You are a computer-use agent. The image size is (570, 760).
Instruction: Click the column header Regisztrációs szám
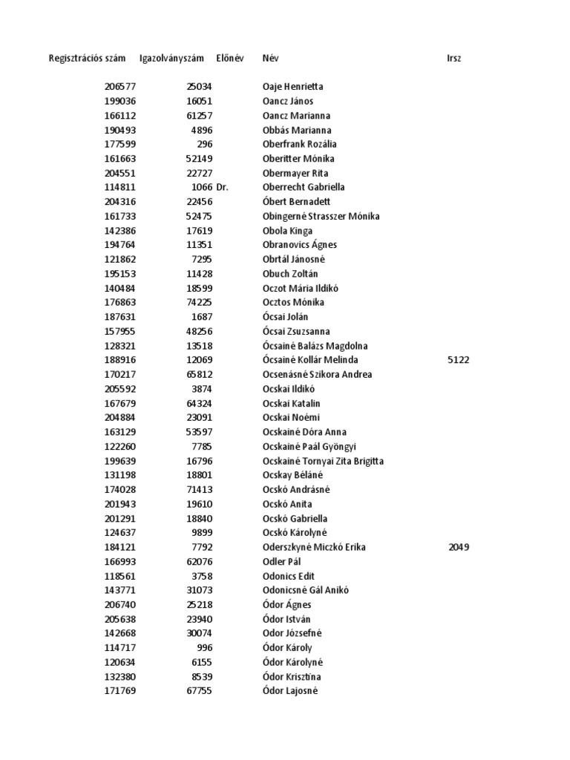coord(87,59)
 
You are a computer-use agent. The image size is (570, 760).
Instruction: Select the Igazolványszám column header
coord(171,59)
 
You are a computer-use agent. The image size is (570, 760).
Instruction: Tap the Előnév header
coord(229,59)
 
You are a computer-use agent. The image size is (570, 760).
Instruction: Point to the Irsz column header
coord(454,59)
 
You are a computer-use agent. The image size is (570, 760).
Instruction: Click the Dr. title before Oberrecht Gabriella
coord(223,188)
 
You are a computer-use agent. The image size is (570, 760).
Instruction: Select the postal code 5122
coord(459,360)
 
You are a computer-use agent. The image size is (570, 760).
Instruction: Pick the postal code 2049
coord(459,547)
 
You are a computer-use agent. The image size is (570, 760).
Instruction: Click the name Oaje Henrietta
coord(292,87)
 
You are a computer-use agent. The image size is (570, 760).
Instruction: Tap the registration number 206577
coord(120,87)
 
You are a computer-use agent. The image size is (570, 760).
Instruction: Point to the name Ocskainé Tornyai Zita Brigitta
coord(323,461)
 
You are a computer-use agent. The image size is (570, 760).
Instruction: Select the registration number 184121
coord(120,547)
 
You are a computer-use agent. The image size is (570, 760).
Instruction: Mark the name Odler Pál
coord(281,562)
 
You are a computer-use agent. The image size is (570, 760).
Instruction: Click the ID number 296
coord(205,145)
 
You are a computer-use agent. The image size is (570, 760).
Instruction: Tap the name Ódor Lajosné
coord(289,691)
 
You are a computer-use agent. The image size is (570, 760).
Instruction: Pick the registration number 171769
coord(120,691)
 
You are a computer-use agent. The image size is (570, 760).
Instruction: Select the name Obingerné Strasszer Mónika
coord(321,217)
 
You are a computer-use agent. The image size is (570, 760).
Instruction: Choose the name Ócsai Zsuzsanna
coord(296,332)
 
